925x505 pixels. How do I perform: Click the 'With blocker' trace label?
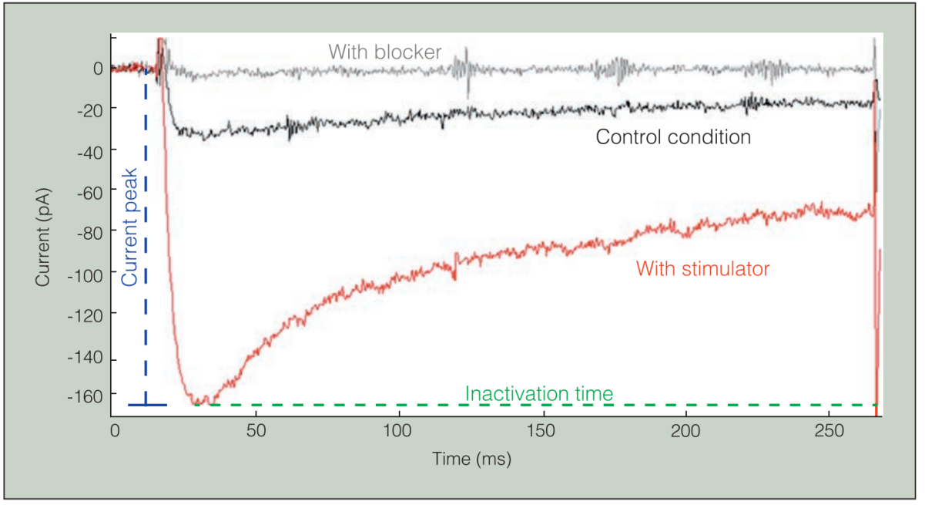point(384,52)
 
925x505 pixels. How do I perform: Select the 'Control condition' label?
point(673,138)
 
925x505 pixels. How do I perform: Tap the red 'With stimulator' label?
point(702,269)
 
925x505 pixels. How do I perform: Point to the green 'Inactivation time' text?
point(539,394)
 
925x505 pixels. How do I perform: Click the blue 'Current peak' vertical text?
point(130,227)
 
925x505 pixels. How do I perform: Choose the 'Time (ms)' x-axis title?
point(471,460)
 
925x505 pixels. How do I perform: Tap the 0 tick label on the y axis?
point(98,68)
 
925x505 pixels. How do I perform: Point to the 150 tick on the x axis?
point(542,427)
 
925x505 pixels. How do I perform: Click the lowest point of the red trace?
point(199,402)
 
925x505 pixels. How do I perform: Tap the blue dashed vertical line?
point(146,231)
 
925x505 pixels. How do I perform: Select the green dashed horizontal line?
point(539,405)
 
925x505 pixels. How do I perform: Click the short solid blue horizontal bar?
point(147,405)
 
